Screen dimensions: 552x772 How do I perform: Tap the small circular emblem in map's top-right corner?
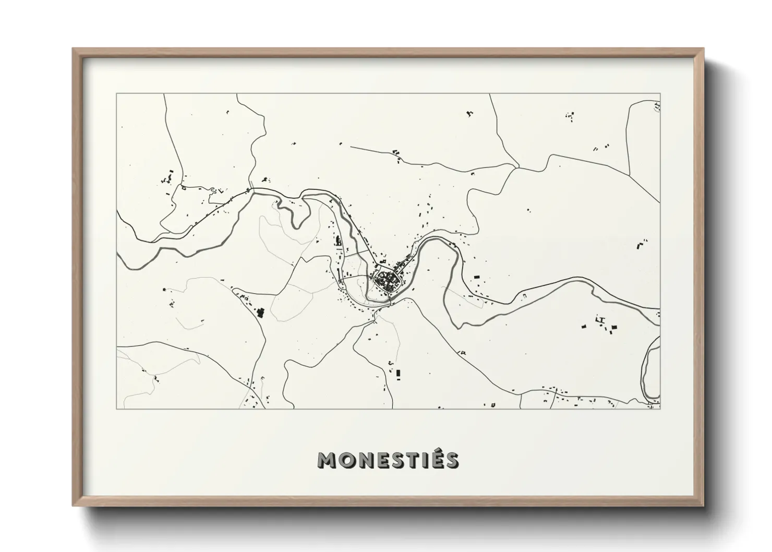coord(657,107)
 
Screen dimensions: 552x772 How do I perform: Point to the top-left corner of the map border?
coord(117,94)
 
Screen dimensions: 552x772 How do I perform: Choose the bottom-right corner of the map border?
coord(660,409)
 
